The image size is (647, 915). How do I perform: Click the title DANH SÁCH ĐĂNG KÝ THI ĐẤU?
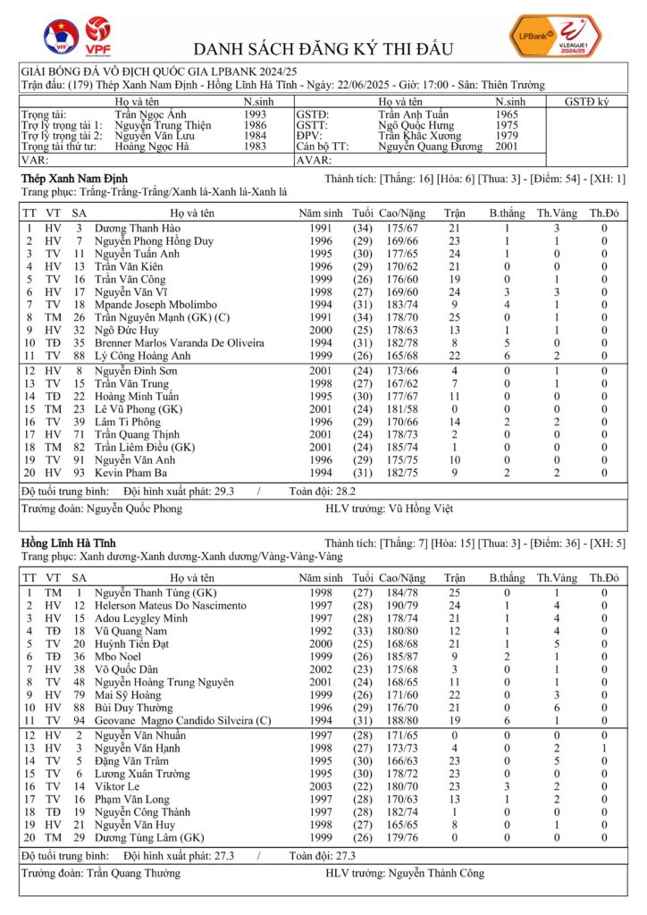click(x=323, y=48)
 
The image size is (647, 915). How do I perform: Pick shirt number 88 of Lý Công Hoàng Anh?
click(x=79, y=355)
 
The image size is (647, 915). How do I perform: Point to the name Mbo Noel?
click(x=120, y=655)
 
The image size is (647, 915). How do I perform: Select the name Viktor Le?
click(x=121, y=787)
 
